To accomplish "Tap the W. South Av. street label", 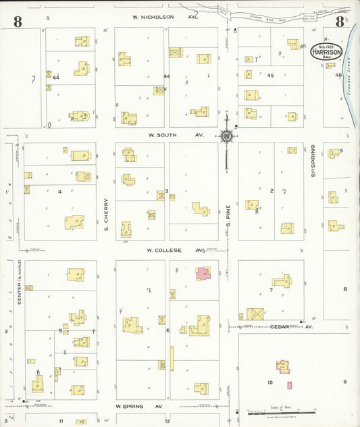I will tap(172, 135).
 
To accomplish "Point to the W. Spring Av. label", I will tap(138, 407).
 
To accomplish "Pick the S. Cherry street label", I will tap(106, 219).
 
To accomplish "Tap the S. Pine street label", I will tap(229, 216).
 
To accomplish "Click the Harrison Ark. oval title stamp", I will tap(326, 51).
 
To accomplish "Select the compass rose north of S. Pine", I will tap(226, 136).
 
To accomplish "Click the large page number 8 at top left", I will tap(17, 22).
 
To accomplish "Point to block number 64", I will tap(56, 78).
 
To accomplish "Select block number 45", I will tap(272, 76).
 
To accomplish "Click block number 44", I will tap(166, 76).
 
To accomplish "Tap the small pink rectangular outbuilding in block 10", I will tap(290, 385).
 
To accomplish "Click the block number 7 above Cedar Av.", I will tap(270, 290).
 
